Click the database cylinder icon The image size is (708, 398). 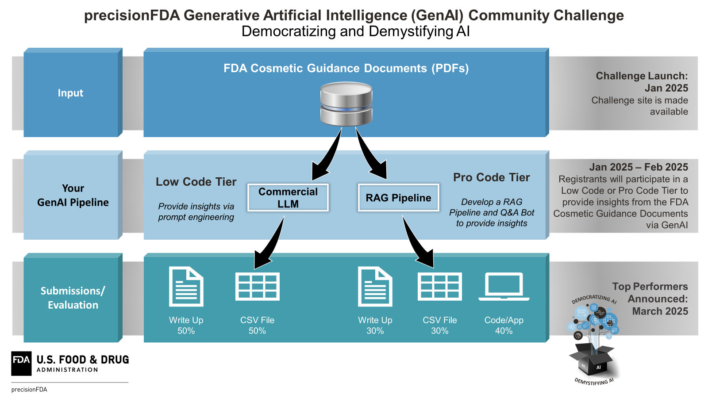coord(346,104)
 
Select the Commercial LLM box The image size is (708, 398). coord(288,198)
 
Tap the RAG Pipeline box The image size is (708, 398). coord(398,198)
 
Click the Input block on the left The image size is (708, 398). coord(71,93)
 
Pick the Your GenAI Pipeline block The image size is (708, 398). coord(73,195)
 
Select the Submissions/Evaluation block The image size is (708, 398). coord(73,298)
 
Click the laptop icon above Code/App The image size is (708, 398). coord(504,287)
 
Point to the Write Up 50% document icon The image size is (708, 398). coord(186,287)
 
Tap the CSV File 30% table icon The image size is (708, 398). coord(440,287)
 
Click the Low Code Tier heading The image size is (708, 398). coord(196,182)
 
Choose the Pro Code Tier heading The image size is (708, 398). coord(491,177)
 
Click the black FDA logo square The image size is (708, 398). coord(21,363)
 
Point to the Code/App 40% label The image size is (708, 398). coord(504,325)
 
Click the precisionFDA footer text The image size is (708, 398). coord(29,390)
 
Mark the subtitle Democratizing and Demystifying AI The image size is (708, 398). coord(355,31)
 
